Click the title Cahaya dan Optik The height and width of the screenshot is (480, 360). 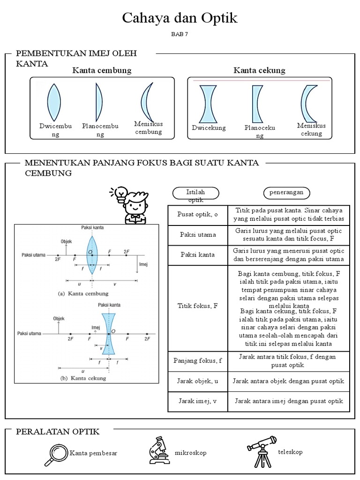coord(180,18)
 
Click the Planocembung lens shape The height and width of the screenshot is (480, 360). coord(99,102)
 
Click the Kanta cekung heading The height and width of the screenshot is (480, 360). coord(259,70)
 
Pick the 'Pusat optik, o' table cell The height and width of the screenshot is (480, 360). coord(197,215)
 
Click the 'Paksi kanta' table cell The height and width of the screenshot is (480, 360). coord(197,255)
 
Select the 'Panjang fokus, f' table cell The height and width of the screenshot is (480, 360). coord(197,360)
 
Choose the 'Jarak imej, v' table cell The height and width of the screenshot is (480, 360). coord(197,401)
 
